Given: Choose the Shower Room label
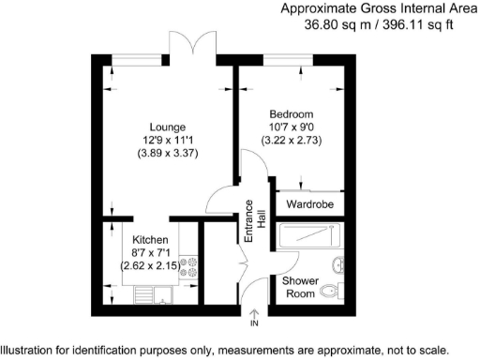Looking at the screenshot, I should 299,286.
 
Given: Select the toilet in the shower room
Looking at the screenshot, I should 328,293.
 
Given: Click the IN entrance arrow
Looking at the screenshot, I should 253,317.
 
